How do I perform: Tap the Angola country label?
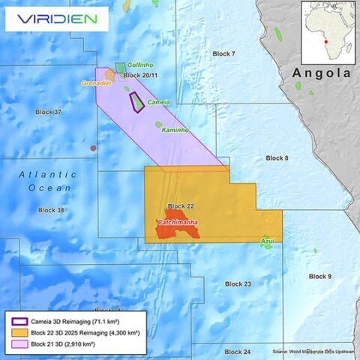321,73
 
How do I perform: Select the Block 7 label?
223,54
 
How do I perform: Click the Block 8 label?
277,158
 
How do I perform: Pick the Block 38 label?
51,210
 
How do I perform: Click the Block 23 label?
238,284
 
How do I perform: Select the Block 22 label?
181,205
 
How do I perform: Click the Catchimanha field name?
178,223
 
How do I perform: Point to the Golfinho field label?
140,65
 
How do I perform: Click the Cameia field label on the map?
158,102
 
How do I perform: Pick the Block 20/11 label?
142,75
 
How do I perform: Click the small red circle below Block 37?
93,148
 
